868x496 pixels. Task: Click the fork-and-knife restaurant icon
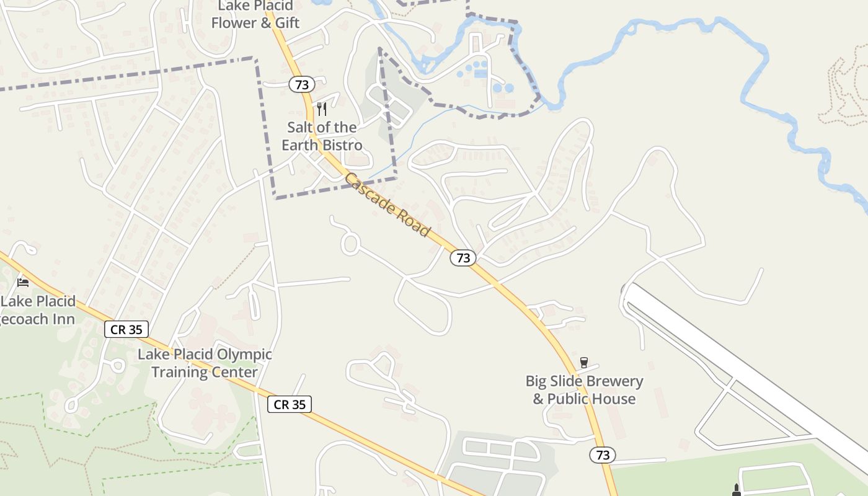pos(321,109)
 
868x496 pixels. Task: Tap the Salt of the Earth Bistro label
pos(322,136)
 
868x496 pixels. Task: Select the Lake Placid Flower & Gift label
pos(255,15)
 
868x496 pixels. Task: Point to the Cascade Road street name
pos(387,205)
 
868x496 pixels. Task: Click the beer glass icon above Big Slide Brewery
pos(583,363)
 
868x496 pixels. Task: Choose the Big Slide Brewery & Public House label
pos(584,390)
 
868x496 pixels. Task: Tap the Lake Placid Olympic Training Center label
pos(205,363)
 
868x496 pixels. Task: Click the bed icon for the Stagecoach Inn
pos(24,283)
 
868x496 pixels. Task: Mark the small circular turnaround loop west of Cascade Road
pos(350,244)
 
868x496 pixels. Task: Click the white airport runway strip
pos(744,372)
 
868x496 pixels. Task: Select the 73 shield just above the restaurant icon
pos(302,84)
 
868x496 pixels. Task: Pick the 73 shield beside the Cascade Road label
pos(463,258)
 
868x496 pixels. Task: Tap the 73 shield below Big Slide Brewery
pos(603,455)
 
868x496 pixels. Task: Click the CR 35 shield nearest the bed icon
pos(126,329)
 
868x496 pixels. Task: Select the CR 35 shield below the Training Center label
pos(290,404)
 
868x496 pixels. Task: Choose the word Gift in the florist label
pos(287,23)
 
